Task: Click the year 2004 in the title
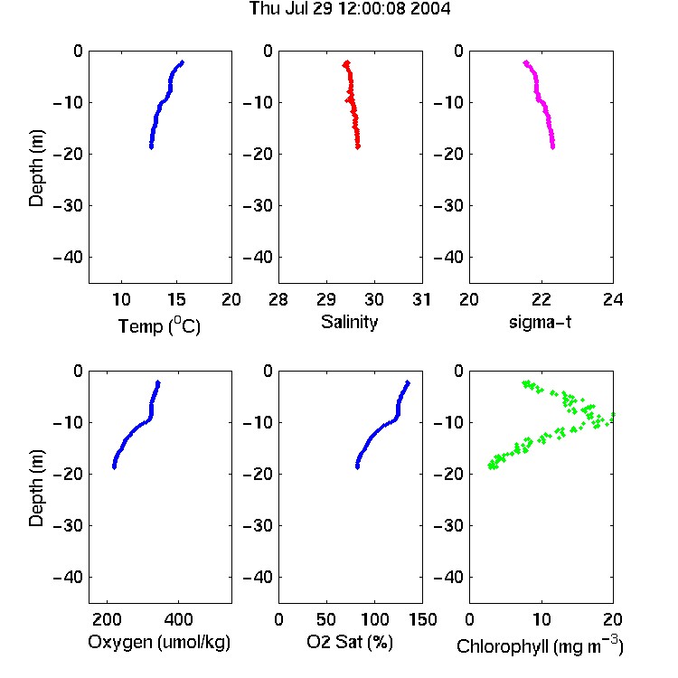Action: point(430,8)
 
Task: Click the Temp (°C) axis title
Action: point(159,325)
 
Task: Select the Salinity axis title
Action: point(349,323)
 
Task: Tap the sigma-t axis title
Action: point(540,322)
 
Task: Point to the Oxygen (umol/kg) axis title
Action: point(159,643)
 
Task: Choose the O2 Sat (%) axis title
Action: point(350,642)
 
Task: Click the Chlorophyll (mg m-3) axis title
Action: point(540,645)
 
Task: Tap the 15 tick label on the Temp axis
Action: point(176,299)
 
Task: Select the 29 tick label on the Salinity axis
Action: point(326,299)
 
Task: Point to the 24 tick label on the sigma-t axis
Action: point(613,299)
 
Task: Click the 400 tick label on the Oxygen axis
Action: point(178,619)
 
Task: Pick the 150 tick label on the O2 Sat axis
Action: point(422,619)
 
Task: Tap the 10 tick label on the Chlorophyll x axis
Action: point(541,619)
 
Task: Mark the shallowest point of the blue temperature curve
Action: point(182,62)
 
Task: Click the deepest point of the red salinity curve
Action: point(358,146)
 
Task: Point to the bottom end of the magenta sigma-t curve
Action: point(552,147)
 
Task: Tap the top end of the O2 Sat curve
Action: point(408,382)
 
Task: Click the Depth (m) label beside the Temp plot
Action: point(36,168)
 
